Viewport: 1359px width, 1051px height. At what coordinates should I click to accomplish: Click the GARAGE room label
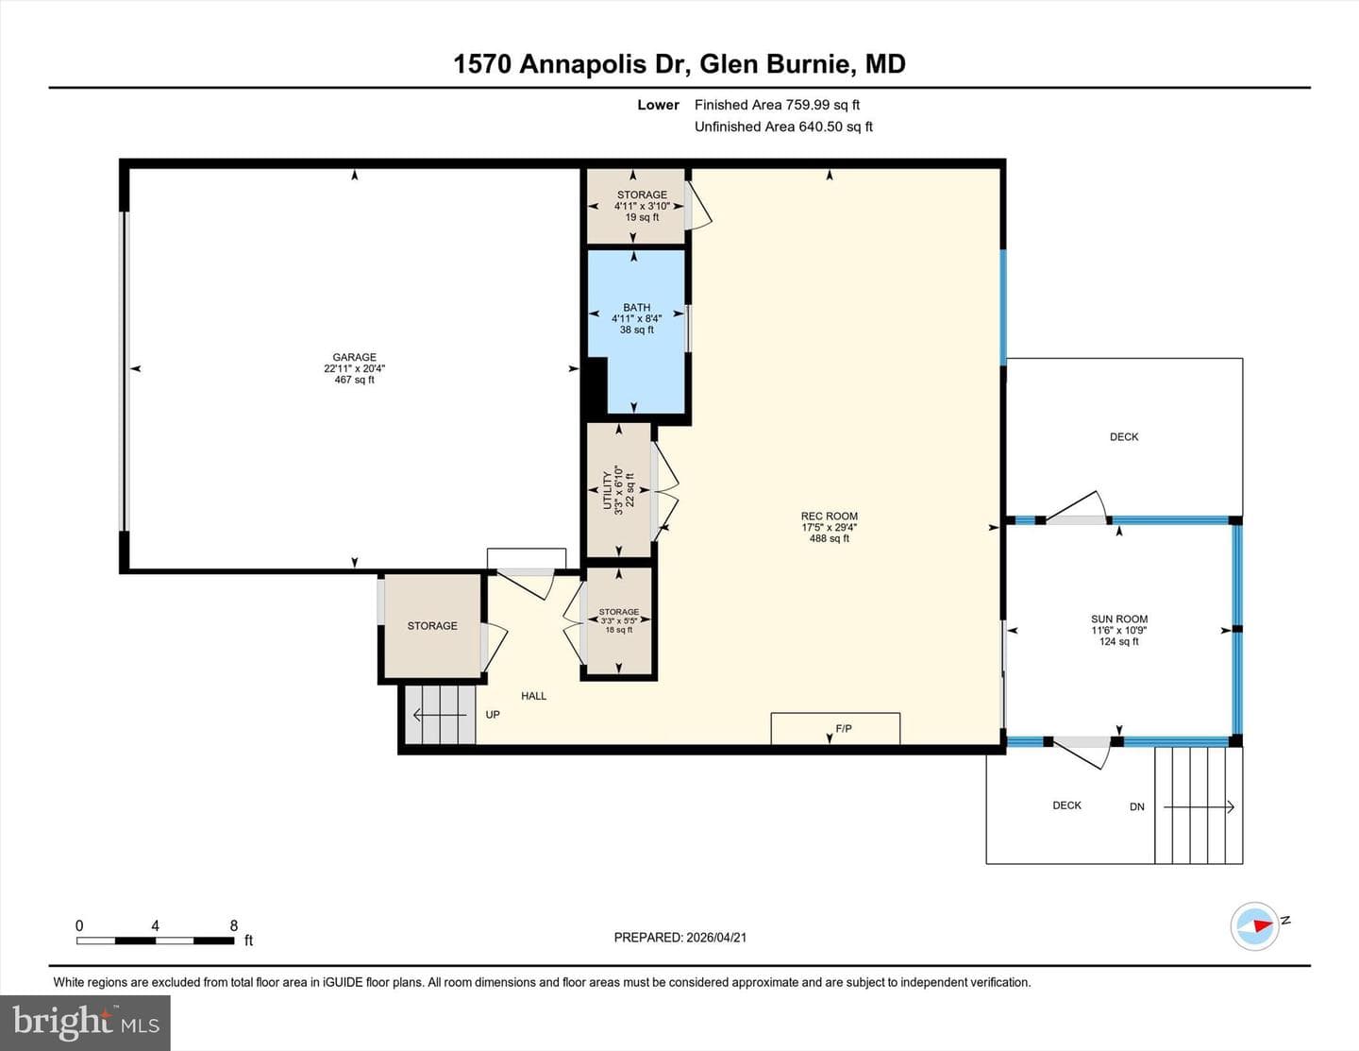tap(354, 357)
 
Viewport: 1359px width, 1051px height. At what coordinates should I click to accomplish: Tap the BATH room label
tap(637, 307)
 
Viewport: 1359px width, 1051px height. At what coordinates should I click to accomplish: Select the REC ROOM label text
tap(830, 517)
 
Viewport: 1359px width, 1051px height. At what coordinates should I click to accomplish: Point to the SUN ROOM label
tap(1119, 619)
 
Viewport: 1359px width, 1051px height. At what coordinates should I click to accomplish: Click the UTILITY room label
tap(607, 490)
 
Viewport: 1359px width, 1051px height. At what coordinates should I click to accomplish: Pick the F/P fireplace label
tap(844, 729)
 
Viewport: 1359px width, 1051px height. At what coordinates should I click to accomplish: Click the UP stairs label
tap(493, 715)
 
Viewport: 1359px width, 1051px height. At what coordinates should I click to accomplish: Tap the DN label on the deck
tap(1137, 807)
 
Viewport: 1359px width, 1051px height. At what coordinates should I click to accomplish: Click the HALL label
tap(533, 696)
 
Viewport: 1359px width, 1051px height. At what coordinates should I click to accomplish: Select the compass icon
tap(1254, 926)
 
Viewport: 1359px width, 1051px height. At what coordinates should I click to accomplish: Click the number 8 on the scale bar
tap(234, 925)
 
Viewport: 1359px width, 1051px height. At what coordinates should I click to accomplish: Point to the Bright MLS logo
tap(85, 1023)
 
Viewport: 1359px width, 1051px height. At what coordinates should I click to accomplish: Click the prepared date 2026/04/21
tap(716, 937)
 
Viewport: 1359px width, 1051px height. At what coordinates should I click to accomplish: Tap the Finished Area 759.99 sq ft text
tap(777, 105)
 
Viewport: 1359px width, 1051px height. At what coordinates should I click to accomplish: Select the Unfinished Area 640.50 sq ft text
tap(783, 127)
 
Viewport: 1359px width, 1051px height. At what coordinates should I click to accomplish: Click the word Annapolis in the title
tap(583, 64)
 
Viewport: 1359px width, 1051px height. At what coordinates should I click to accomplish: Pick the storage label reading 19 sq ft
tap(643, 217)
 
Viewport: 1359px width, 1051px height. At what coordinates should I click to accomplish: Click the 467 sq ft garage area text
tap(354, 380)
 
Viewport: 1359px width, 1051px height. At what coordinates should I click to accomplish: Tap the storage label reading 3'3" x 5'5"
tap(618, 620)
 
